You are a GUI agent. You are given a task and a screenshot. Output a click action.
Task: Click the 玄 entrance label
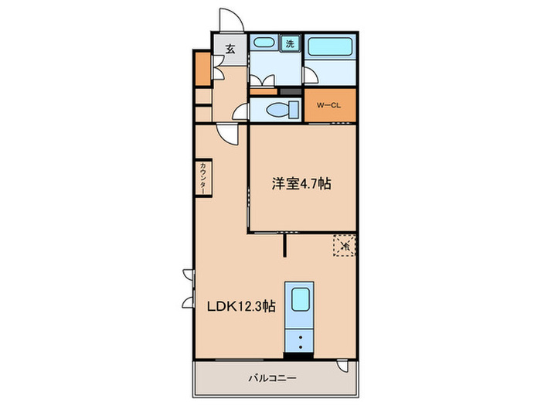pyautogui.click(x=230, y=48)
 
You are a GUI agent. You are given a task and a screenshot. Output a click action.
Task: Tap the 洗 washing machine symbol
pyautogui.click(x=289, y=44)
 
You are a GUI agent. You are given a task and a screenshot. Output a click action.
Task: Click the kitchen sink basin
pyautogui.click(x=298, y=300)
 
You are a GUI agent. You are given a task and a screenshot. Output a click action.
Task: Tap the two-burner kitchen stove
pyautogui.click(x=298, y=339)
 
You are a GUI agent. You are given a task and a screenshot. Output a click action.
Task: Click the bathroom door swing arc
pyautogui.click(x=311, y=74)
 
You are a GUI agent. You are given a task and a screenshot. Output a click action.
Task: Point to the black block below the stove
pyautogui.click(x=298, y=356)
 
